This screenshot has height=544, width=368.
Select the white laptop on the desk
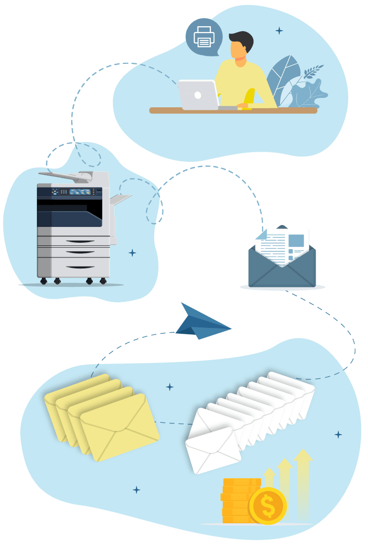click(x=198, y=94)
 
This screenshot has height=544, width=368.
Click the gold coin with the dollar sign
click(x=268, y=506)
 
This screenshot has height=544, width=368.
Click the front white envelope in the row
click(x=212, y=450)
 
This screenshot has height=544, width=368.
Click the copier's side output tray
click(x=121, y=199)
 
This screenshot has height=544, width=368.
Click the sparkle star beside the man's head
click(x=279, y=31)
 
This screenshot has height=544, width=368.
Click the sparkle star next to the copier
click(x=132, y=253)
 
